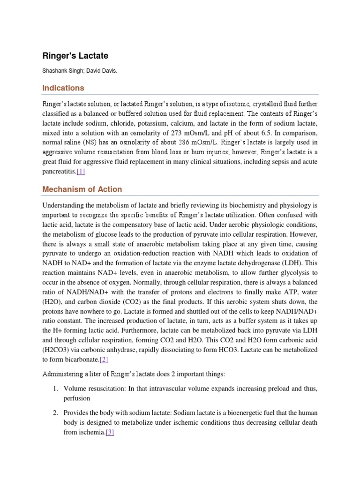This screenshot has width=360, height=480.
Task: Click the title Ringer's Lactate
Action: (75, 56)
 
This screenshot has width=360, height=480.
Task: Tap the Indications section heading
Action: (63, 88)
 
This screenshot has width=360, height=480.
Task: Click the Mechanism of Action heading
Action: (82, 189)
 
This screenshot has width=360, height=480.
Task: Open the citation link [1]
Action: (81, 172)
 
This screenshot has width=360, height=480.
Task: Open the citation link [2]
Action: (104, 360)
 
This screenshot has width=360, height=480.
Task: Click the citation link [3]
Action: (110, 433)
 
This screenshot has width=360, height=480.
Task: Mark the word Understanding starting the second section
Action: (64, 205)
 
